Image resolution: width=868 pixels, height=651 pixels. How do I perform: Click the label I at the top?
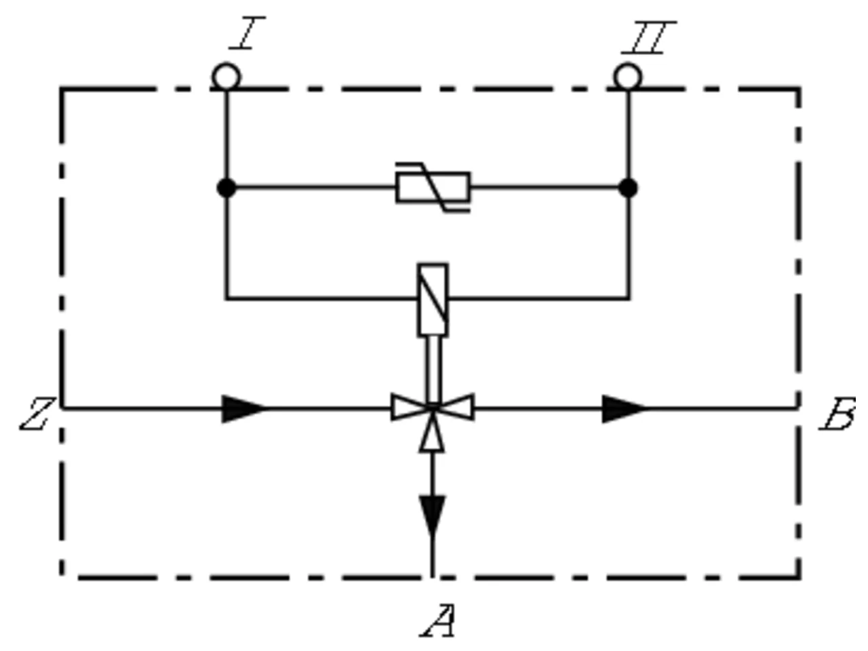[x=247, y=33]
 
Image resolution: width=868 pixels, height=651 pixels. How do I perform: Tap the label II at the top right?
[x=649, y=37]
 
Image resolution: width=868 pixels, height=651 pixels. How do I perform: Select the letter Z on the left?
[x=37, y=414]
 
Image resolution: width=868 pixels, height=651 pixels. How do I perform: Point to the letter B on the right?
[x=837, y=414]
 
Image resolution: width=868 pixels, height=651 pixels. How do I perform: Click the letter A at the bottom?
[x=438, y=620]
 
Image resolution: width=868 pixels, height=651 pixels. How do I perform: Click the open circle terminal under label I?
[x=226, y=77]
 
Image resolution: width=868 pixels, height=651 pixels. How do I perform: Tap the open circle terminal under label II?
[x=628, y=77]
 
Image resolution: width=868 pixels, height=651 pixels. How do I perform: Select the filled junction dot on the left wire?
[x=226, y=188]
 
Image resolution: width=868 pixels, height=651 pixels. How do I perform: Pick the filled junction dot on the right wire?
[x=628, y=188]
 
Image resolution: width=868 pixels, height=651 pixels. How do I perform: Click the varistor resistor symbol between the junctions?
[x=433, y=187]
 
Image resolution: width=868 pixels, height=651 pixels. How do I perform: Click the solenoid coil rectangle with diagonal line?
[x=433, y=300]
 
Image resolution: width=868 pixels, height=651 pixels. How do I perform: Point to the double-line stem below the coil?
[x=433, y=370]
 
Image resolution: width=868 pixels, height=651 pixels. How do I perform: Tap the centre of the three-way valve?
[x=433, y=408]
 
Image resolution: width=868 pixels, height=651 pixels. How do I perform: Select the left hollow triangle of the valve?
[x=408, y=407]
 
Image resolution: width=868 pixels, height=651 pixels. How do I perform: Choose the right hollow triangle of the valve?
[x=457, y=407]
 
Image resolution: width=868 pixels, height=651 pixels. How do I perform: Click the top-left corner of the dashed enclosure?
[x=62, y=89]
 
